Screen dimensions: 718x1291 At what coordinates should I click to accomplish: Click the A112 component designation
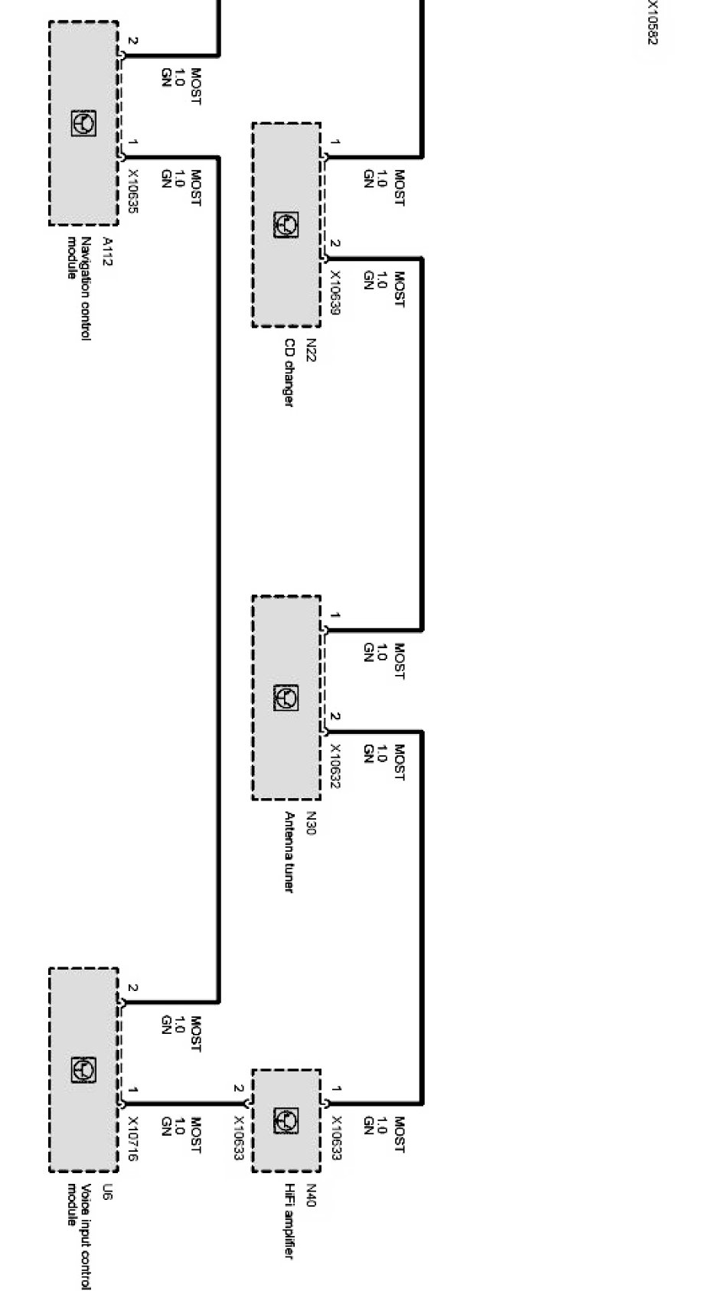[107, 250]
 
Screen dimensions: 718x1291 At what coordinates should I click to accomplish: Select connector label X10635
[132, 191]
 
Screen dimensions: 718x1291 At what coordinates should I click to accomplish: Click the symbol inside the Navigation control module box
[83, 123]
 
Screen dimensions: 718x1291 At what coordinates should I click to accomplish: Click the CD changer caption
[289, 373]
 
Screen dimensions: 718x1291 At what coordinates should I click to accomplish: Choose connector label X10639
[335, 292]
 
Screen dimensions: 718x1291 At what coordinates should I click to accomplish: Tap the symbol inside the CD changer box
[286, 225]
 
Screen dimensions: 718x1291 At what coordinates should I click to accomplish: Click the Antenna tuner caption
[289, 852]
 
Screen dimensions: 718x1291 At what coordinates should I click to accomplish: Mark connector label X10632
[335, 765]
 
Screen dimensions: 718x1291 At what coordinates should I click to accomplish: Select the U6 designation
[107, 1192]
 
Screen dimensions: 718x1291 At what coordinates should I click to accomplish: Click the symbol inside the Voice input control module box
[83, 1071]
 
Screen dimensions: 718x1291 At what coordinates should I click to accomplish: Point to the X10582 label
[651, 21]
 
